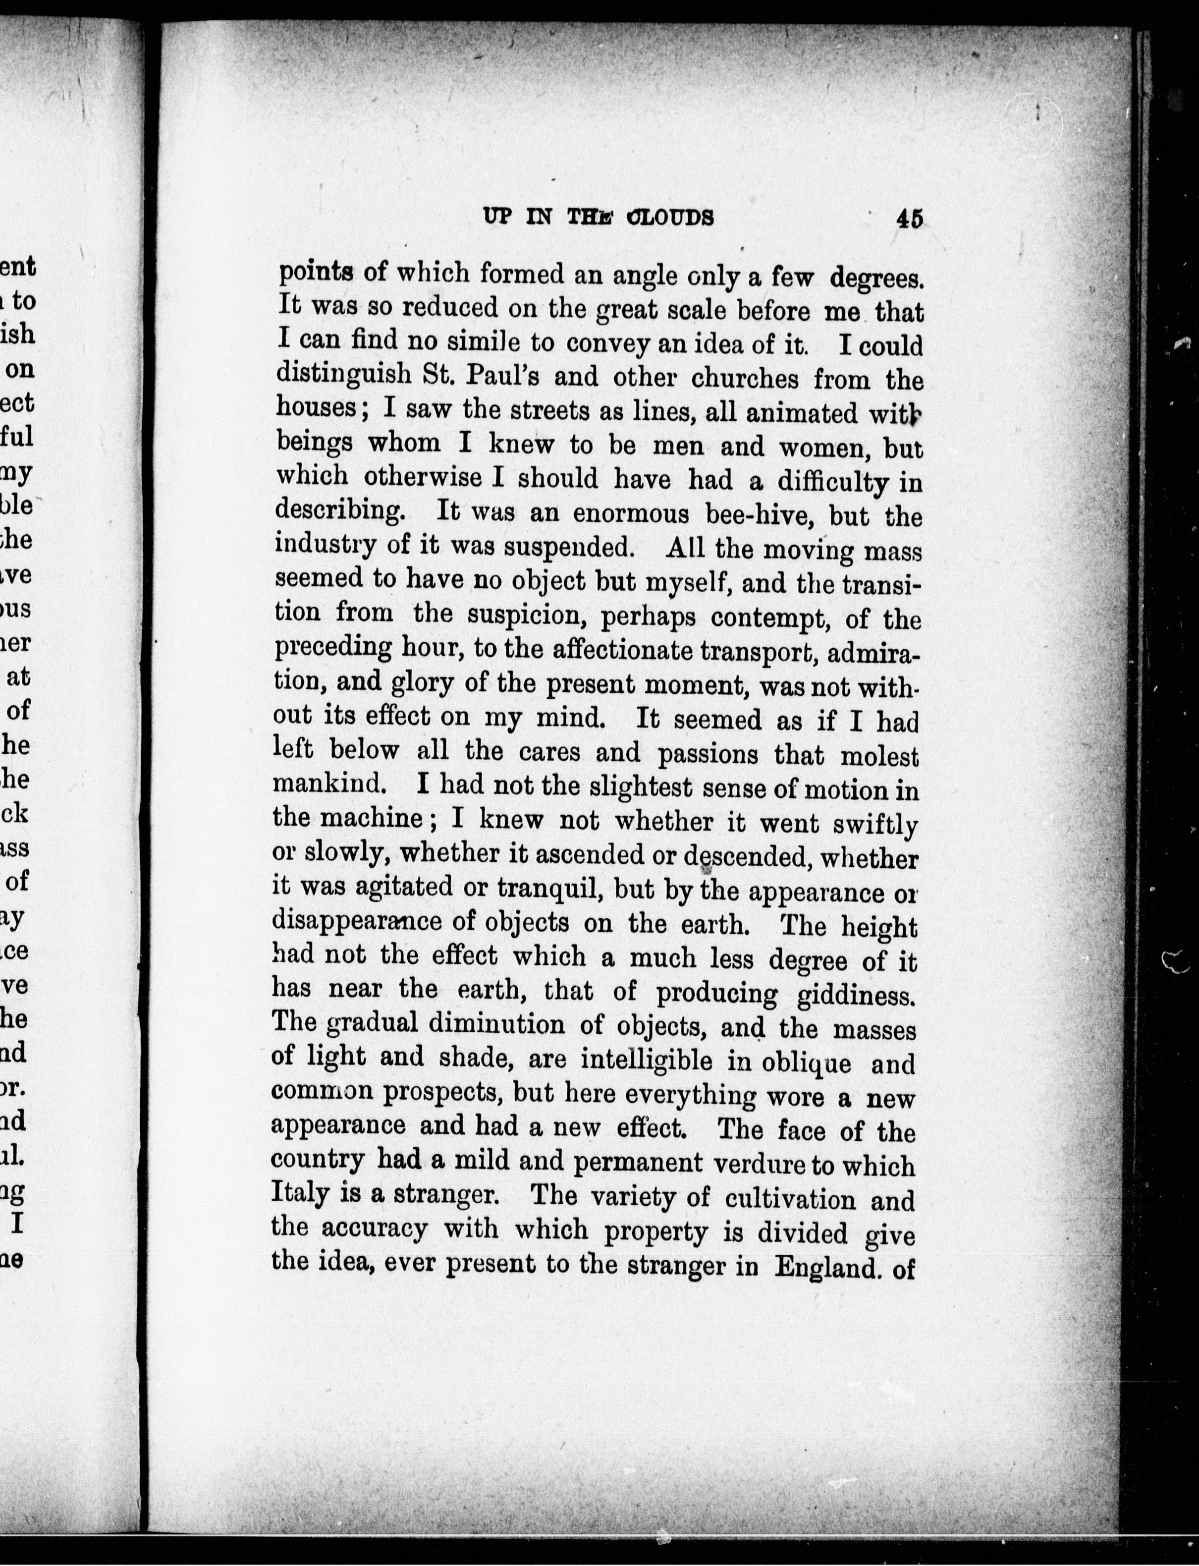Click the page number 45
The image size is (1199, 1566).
[910, 217]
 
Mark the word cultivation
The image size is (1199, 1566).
[790, 1198]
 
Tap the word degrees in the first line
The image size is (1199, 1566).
[876, 277]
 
